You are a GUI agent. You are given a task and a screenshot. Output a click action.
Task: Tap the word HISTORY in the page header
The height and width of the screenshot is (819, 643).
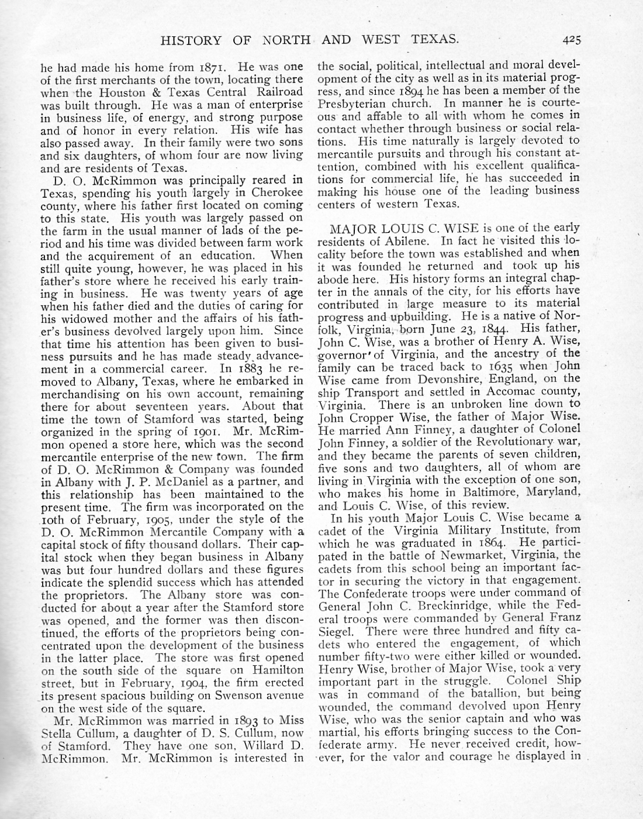[191, 40]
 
